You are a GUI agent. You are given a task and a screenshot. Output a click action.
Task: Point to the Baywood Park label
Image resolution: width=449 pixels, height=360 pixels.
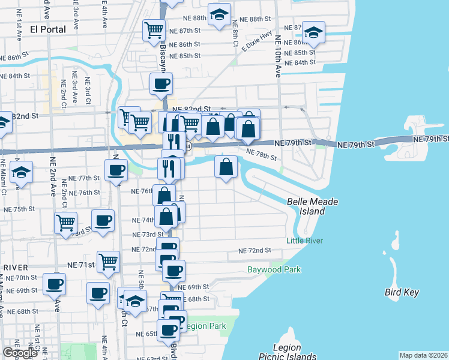274,269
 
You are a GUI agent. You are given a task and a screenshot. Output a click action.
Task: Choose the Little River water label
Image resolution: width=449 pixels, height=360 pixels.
304,241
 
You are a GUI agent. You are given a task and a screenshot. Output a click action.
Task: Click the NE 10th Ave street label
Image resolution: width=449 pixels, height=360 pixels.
279,57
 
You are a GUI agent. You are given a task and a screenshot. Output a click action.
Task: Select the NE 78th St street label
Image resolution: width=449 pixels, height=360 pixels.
262,157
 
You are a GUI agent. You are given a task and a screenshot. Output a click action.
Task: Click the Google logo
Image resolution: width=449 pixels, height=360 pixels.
20,353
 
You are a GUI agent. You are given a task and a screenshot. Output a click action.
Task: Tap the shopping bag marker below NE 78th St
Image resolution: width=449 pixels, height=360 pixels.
226,167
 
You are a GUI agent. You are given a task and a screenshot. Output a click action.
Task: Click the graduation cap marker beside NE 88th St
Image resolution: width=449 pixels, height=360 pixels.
220,14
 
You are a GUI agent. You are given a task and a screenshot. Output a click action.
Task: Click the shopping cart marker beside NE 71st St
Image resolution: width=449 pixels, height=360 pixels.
109,261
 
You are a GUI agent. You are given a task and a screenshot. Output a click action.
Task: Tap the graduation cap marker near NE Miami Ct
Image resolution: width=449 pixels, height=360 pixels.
21,172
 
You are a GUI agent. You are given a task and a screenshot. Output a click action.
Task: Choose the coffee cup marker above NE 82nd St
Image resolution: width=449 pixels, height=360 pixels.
161,85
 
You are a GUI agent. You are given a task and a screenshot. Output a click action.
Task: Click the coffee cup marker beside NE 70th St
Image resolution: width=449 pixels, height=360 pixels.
55,283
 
